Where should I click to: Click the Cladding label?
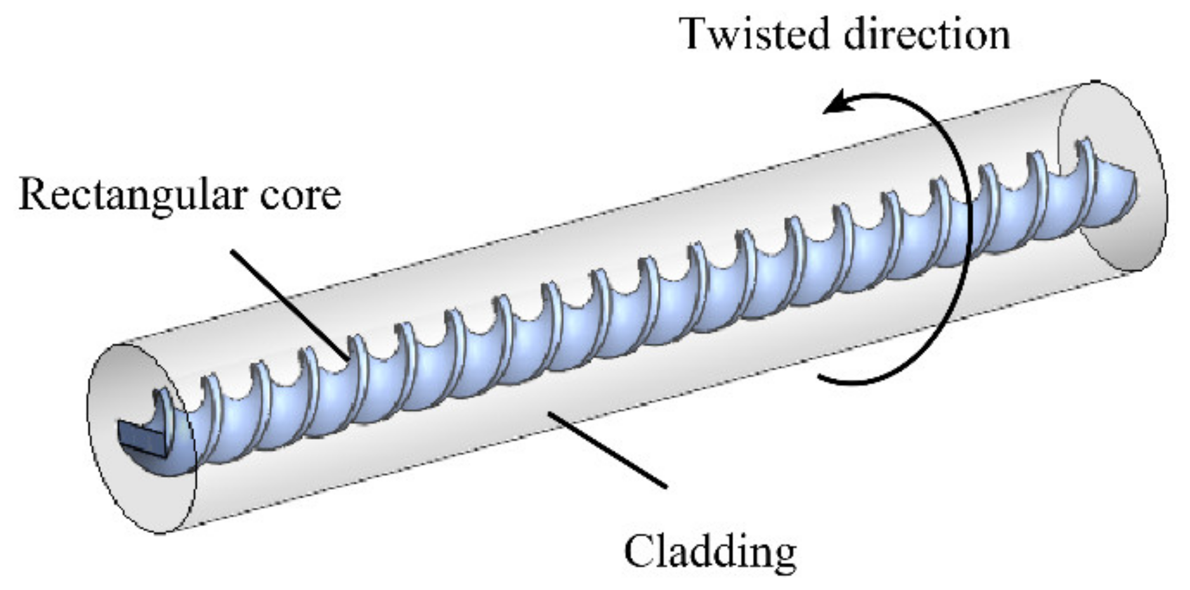(x=710, y=551)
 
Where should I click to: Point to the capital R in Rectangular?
(x=32, y=193)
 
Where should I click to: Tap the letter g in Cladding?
(x=783, y=556)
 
